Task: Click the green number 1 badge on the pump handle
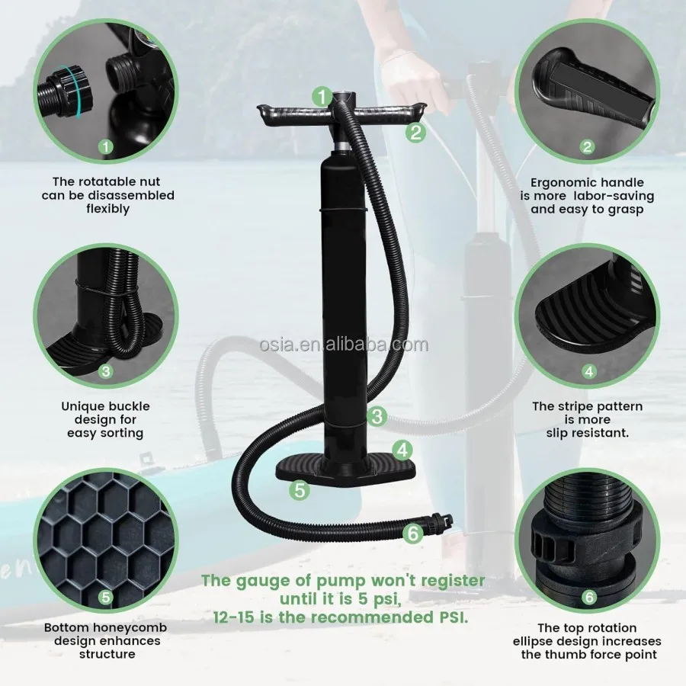[x=322, y=97]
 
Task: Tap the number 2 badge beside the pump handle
[x=415, y=132]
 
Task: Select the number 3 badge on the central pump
[x=377, y=416]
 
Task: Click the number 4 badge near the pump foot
[x=402, y=450]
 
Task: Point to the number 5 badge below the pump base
[x=300, y=489]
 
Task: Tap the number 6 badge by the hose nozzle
[x=413, y=534]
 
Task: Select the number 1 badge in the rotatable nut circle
[x=106, y=146]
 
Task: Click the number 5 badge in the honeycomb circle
[x=106, y=597]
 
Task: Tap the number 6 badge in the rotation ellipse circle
[x=589, y=597]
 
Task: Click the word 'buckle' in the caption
[x=130, y=406]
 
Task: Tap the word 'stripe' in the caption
[x=572, y=406]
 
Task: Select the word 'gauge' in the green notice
[x=261, y=582]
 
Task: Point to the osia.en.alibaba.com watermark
[x=344, y=345]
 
